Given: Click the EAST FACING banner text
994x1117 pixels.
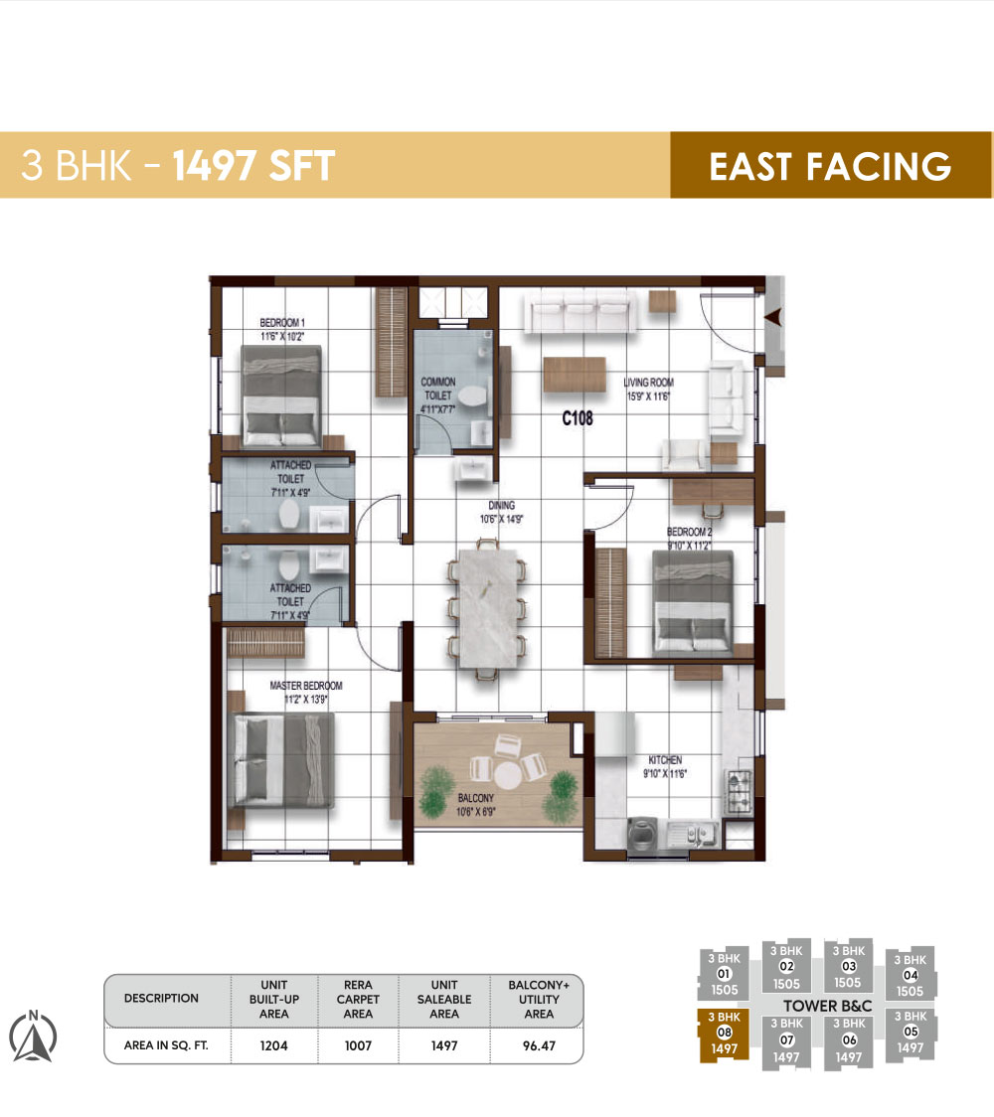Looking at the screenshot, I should [830, 166].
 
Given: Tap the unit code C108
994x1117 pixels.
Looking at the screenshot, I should [577, 418].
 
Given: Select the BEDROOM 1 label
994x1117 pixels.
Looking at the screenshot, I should [282, 329].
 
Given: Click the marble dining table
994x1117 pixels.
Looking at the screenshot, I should [487, 607].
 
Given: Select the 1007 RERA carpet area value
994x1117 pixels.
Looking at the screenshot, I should [358, 1045].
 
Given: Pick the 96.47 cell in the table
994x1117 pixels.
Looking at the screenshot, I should [539, 1045].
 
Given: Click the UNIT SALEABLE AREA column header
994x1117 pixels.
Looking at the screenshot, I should [444, 999].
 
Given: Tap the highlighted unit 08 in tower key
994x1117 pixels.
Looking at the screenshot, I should [725, 1032].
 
